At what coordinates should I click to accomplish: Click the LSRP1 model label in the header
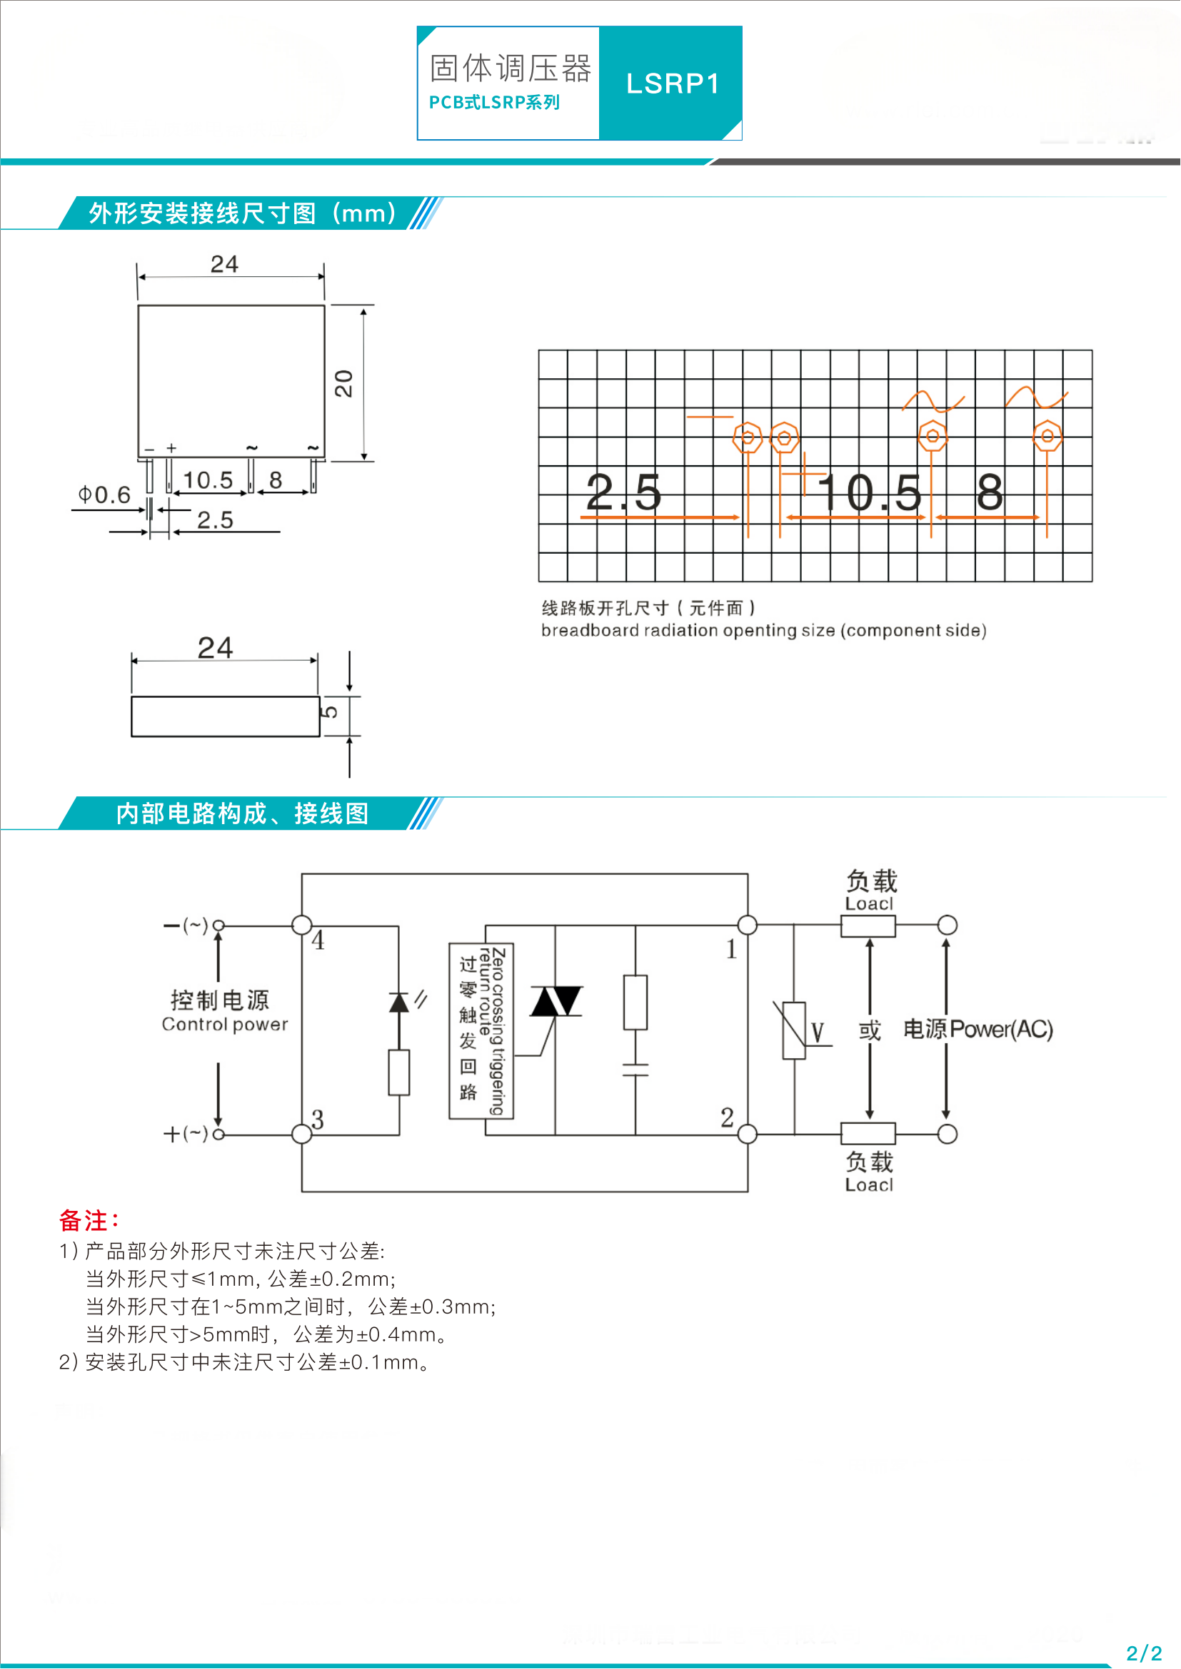point(673,83)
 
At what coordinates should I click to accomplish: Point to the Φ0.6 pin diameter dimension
point(105,495)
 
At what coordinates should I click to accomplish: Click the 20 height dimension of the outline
point(343,383)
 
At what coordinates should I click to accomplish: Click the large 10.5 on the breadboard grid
point(870,493)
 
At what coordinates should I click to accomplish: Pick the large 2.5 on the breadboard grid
point(624,492)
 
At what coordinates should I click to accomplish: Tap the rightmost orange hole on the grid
point(1047,436)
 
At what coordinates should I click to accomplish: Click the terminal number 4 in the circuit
point(318,940)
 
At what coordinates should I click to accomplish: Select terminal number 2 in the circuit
point(727,1117)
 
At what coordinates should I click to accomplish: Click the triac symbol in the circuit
point(556,1001)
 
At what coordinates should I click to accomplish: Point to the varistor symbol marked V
point(794,1030)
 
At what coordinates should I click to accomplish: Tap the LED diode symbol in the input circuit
point(399,1003)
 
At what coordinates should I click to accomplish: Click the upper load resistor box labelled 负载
point(868,926)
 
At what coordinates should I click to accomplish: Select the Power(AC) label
point(1001,1030)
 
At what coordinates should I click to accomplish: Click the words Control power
point(225,1024)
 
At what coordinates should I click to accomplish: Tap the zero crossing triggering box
point(481,1031)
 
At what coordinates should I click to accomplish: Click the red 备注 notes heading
point(89,1220)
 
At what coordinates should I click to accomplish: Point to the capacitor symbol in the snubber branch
point(635,1070)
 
